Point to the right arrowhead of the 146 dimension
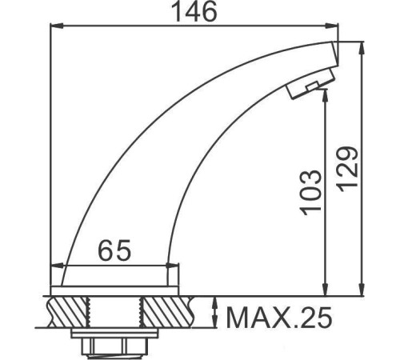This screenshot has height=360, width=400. (x=335, y=26)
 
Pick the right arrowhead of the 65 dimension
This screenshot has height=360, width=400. (x=180, y=266)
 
